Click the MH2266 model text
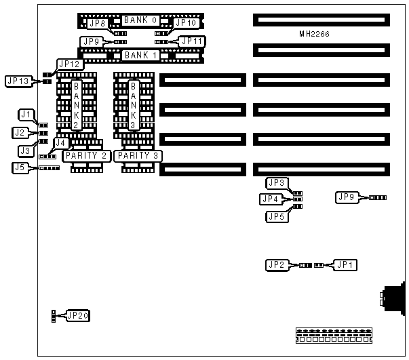(x=314, y=33)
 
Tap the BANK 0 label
(x=140, y=20)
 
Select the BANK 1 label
(x=140, y=54)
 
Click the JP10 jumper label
(x=185, y=23)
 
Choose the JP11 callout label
(x=191, y=41)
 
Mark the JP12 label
(x=71, y=64)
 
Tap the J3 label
(x=24, y=150)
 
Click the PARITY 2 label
(x=86, y=156)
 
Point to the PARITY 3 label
(x=137, y=156)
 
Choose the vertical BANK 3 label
(x=134, y=104)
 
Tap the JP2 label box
(x=276, y=265)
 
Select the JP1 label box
(x=345, y=265)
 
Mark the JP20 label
(x=78, y=315)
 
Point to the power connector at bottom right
(x=334, y=334)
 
